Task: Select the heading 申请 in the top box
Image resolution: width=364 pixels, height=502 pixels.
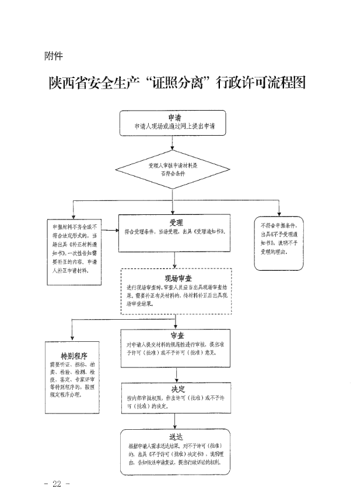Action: (x=174, y=116)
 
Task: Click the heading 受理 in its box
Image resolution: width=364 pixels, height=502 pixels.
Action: (x=176, y=223)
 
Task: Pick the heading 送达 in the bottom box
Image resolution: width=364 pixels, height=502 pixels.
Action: (x=176, y=436)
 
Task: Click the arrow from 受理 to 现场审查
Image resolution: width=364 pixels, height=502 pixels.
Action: (x=176, y=259)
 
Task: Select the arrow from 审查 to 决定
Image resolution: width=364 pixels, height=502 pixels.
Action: (x=176, y=375)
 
